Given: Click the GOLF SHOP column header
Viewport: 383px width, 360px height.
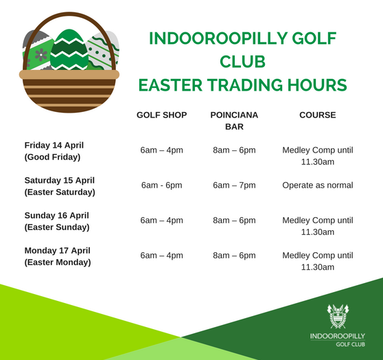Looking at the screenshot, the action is pos(162,115).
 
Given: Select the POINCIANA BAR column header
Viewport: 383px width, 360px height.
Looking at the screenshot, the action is pos(234,121).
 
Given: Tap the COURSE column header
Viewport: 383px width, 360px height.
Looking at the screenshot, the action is pos(318,115).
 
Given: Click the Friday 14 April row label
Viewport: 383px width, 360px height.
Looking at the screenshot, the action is pos(54,151).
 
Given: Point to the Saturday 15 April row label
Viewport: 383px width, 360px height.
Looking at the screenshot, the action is pos(60,186).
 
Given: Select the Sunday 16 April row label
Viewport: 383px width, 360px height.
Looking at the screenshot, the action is pos(57,221).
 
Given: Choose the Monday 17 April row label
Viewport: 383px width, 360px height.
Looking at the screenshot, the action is pos(58,256).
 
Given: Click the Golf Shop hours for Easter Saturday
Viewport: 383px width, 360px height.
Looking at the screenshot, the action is pos(162,185).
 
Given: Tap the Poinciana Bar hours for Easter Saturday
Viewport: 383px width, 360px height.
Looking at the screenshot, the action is pos(234,185).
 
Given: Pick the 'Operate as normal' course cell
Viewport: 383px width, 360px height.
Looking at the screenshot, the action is pos(318,185).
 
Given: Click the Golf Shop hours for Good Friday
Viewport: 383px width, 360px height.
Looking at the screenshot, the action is pos(162,150).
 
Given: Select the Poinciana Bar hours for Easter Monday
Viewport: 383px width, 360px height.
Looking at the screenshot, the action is pos(234,256).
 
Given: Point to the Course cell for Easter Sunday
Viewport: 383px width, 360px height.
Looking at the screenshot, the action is pos(318,226).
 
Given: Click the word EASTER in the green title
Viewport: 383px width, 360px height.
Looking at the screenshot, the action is pos(170,85).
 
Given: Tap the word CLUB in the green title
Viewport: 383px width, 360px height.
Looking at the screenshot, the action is pos(242,62).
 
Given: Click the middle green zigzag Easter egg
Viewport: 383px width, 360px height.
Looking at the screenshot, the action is pos(69,50).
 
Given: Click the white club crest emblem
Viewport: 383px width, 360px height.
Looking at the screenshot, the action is pos(338,316).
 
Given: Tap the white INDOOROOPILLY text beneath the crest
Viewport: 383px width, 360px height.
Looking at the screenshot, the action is pos(338,336).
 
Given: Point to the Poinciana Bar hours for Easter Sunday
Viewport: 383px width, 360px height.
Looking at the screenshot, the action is pos(234,220).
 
